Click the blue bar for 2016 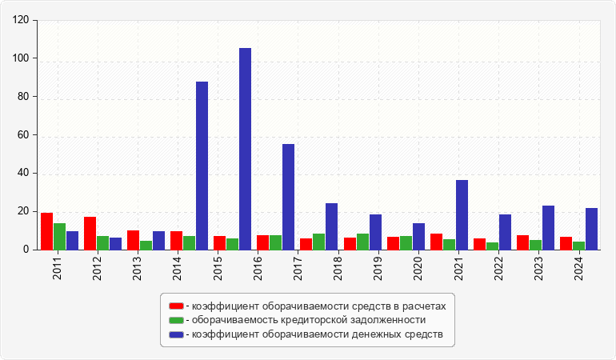[245, 149]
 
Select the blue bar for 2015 [202, 166]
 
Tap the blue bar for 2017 [288, 197]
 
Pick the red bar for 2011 [46, 231]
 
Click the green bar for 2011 [59, 237]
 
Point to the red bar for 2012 [90, 234]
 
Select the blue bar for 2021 [462, 215]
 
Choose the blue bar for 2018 [331, 226]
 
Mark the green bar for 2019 [362, 242]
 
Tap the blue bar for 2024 [591, 229]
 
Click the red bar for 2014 [176, 241]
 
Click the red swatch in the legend [176, 306]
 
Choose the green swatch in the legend [176, 320]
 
